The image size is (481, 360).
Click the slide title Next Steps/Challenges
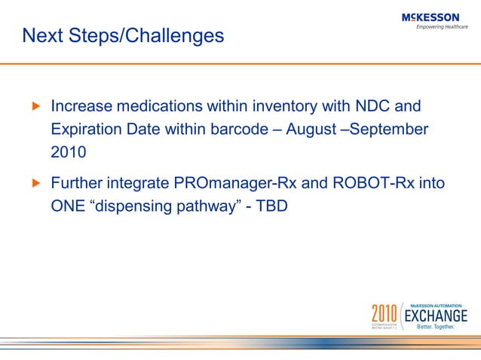point(123,35)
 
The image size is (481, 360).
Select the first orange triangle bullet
point(33,107)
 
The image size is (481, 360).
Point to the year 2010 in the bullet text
point(68,151)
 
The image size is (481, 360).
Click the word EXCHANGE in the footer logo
point(437,314)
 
